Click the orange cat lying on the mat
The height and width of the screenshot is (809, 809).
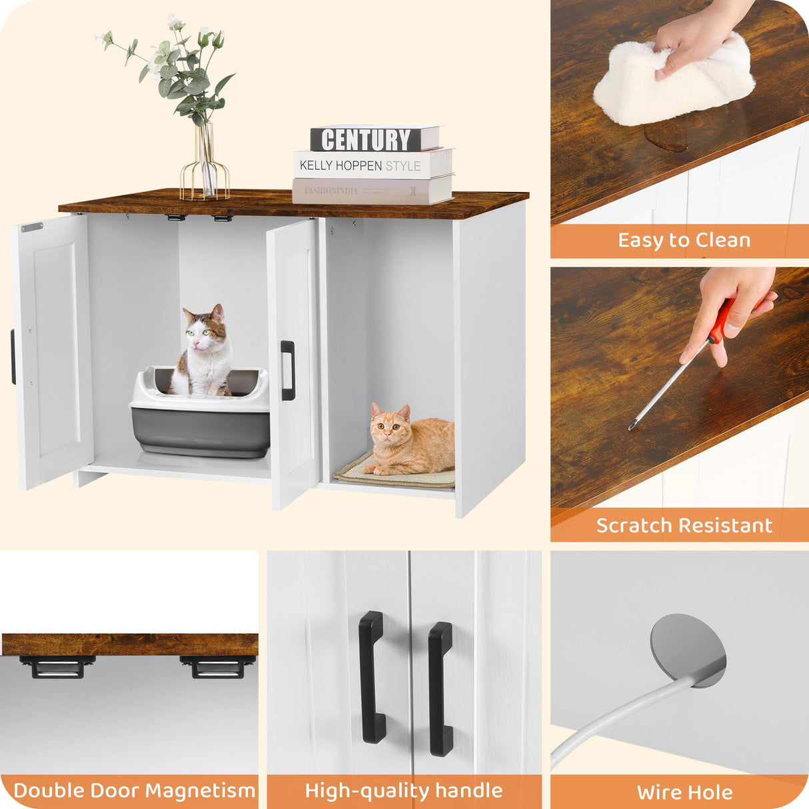coord(410,440)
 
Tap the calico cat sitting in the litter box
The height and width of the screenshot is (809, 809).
coord(204,353)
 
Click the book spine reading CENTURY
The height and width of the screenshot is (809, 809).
coord(367,140)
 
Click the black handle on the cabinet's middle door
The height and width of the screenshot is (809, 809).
coord(288,371)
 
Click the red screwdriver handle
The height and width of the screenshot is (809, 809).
coord(721,323)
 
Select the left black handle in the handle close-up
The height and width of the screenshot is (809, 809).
coord(371,676)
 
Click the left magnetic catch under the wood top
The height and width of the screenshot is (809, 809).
coord(57,666)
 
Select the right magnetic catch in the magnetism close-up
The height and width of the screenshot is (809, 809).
coord(217,666)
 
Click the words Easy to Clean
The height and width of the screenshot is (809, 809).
coord(684,241)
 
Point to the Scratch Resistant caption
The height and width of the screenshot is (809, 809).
coord(684,526)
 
